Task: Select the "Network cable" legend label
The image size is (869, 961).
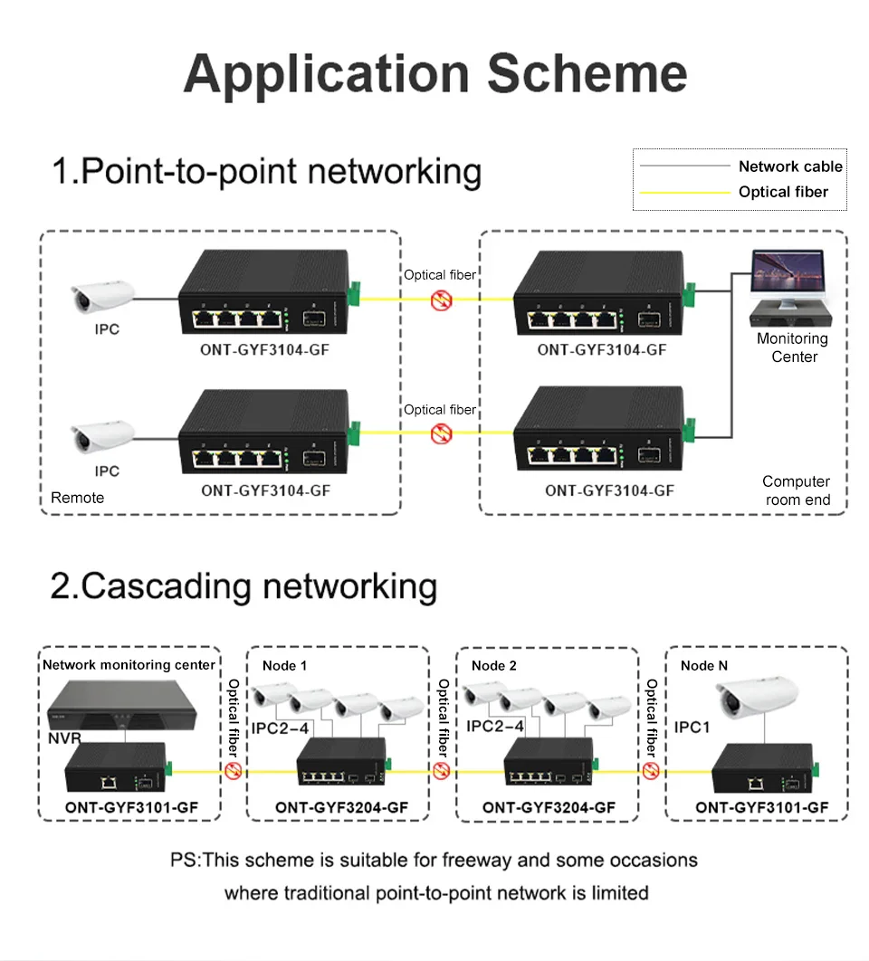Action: tap(789, 167)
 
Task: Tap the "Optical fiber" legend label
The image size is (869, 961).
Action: tap(783, 192)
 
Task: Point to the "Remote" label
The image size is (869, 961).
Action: tap(77, 498)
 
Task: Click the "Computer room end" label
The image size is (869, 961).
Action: tap(796, 490)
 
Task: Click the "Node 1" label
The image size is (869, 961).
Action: tap(285, 666)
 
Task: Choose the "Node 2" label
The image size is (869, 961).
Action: tap(494, 666)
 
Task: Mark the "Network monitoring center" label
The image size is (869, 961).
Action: tap(129, 665)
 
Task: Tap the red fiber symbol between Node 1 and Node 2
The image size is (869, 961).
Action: tap(442, 771)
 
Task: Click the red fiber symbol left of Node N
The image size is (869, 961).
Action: tap(651, 771)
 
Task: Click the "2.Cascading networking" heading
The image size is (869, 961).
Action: tap(244, 585)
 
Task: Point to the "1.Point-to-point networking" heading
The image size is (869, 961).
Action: tap(265, 171)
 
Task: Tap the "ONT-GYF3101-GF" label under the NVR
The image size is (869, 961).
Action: tap(130, 807)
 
